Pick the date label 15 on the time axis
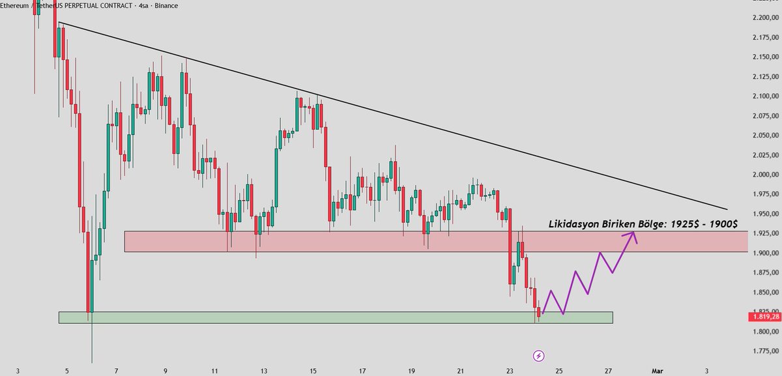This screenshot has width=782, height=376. point(313,371)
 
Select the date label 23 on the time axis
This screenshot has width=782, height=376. point(510,371)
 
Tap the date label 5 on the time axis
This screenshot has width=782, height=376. point(67,371)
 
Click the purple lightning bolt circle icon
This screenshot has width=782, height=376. point(539,355)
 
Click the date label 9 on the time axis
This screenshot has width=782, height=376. point(166,371)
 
